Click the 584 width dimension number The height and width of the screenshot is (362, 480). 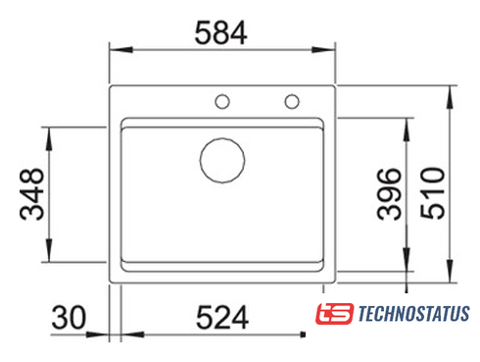pyautogui.click(x=220, y=33)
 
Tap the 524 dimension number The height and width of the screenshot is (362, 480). pyautogui.click(x=222, y=317)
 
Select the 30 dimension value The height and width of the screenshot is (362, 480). pyautogui.click(x=69, y=317)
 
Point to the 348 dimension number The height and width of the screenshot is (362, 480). pyautogui.click(x=31, y=194)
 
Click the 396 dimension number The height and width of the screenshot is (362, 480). pyautogui.click(x=389, y=194)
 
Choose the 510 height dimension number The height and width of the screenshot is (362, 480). pyautogui.click(x=433, y=193)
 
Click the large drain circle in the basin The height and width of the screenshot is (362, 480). pyautogui.click(x=222, y=160)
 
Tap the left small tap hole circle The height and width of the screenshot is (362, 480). pyautogui.click(x=222, y=101)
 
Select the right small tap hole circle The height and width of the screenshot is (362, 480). pyautogui.click(x=292, y=101)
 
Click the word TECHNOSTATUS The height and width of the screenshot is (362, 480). pyautogui.click(x=414, y=314)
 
